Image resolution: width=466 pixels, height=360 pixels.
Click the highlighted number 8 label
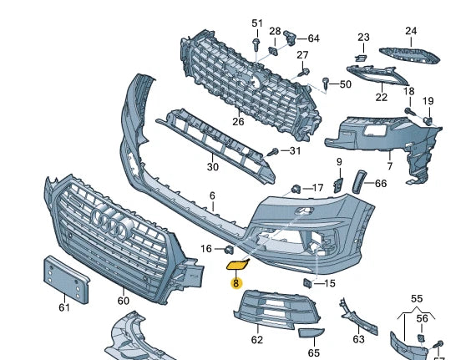(x=236, y=283)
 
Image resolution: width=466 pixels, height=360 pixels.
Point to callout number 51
(x=256, y=23)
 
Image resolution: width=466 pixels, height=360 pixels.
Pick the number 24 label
(x=410, y=31)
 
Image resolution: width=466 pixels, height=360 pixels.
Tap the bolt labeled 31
(x=273, y=152)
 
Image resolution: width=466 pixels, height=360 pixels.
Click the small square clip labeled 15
(x=307, y=283)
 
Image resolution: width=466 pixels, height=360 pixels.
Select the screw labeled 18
(x=410, y=110)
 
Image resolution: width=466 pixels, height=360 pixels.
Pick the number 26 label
(x=238, y=121)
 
